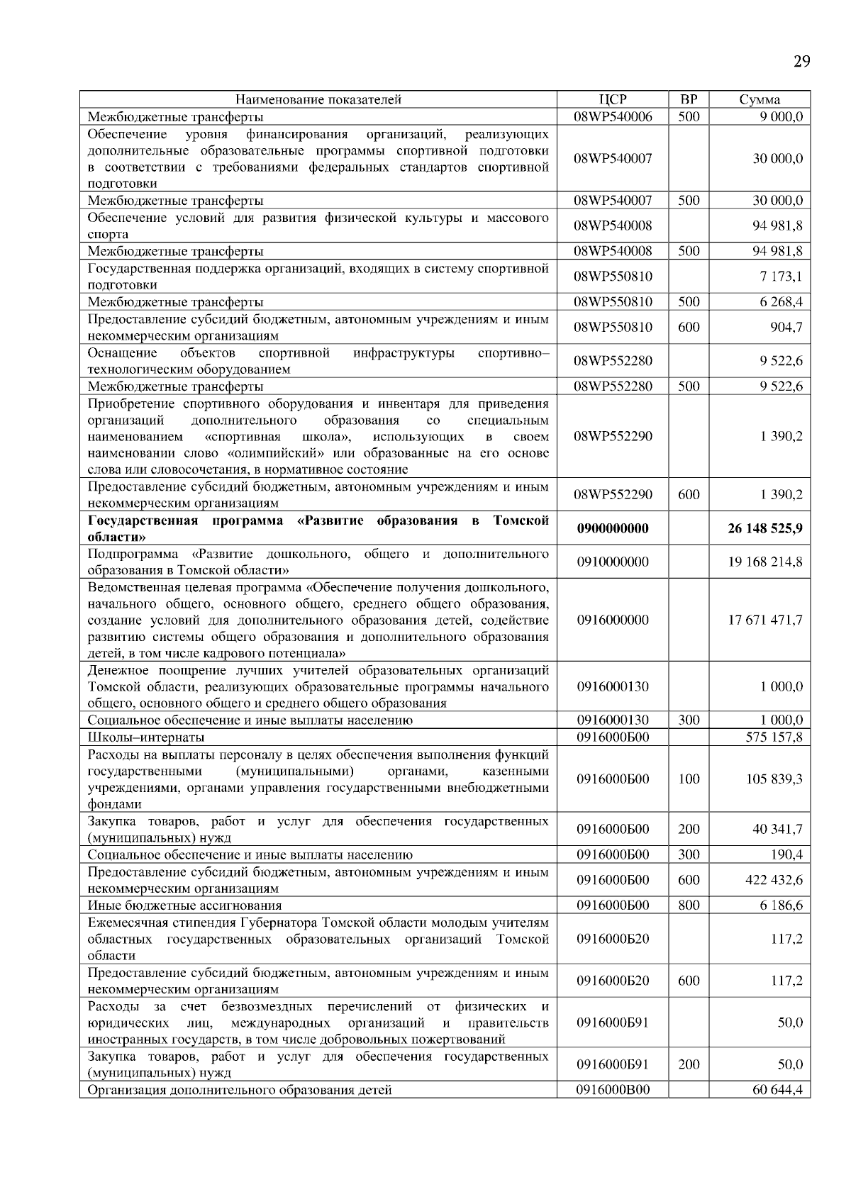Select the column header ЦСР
(613, 99)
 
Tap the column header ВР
(689, 99)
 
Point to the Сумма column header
(760, 99)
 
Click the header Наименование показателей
(318, 99)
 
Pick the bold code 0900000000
(613, 528)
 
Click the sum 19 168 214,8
(765, 562)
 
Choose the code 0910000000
(613, 562)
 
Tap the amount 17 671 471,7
(765, 620)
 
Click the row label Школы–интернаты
(146, 737)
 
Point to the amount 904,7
(786, 327)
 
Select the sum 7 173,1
(782, 276)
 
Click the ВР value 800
(689, 905)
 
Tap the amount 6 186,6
(782, 905)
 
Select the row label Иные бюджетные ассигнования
(184, 905)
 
